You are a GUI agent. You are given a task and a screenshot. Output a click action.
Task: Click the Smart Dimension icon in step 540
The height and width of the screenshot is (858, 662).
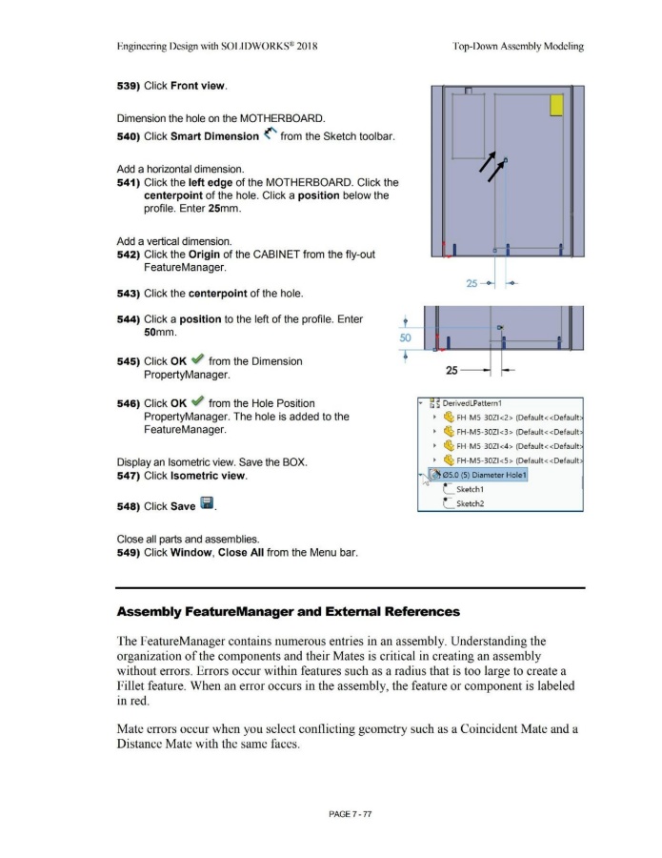point(272,135)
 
